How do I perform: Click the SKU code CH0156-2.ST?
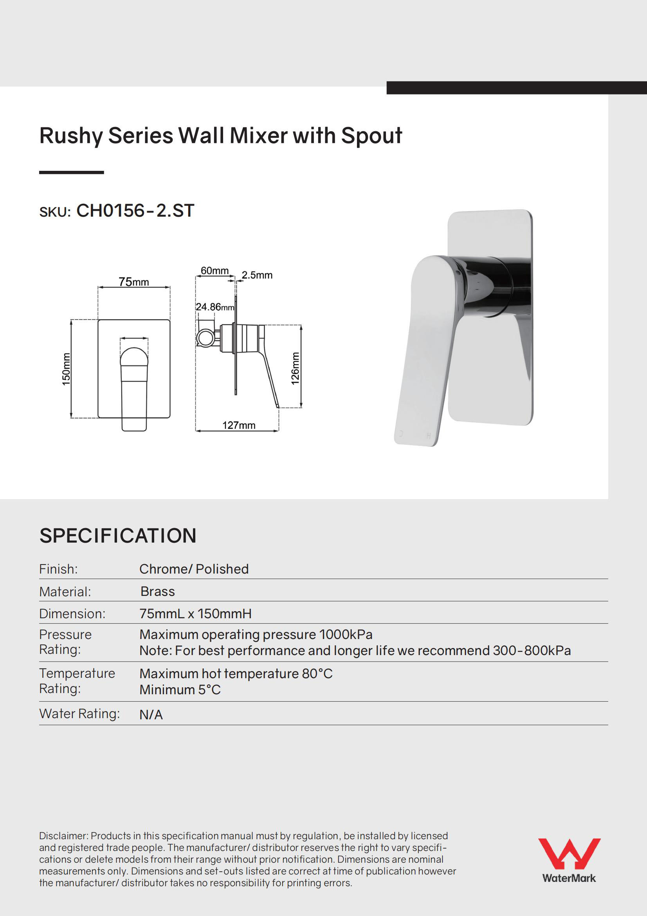[x=135, y=211]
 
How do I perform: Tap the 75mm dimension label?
[x=134, y=282]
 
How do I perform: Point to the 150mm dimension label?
[x=66, y=369]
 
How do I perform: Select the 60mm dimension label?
[x=214, y=270]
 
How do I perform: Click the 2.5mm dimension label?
[x=257, y=275]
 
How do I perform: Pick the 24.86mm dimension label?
[x=215, y=307]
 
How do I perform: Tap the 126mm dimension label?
[x=295, y=368]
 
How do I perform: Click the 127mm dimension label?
[x=239, y=425]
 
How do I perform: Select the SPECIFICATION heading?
[x=118, y=536]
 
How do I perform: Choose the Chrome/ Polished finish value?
[x=194, y=569]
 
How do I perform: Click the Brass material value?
[x=157, y=591]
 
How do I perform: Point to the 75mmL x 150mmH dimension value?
[x=195, y=614]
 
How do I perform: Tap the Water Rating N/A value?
[x=151, y=715]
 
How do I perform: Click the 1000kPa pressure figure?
[x=346, y=634]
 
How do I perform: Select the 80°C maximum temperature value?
[x=317, y=673]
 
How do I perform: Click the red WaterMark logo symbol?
[x=569, y=853]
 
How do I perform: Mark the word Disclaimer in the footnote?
[x=63, y=836]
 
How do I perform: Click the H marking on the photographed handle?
[x=429, y=436]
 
